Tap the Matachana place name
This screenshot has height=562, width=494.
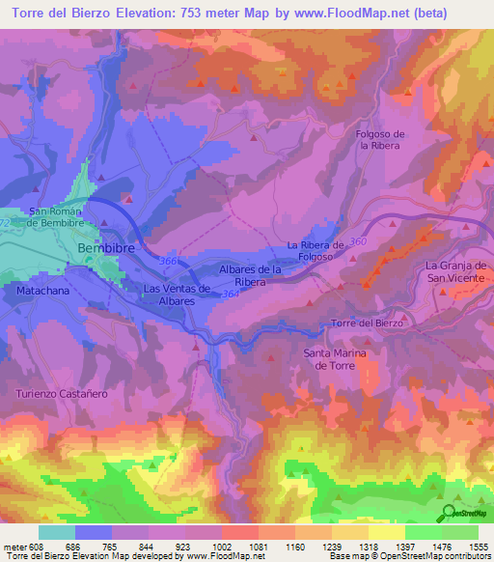tap(42, 289)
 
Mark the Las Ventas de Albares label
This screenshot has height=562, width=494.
tap(177, 295)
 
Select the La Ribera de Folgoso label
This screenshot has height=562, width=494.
tap(316, 251)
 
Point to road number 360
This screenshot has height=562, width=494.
tap(360, 240)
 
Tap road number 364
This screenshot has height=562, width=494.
tap(231, 294)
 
